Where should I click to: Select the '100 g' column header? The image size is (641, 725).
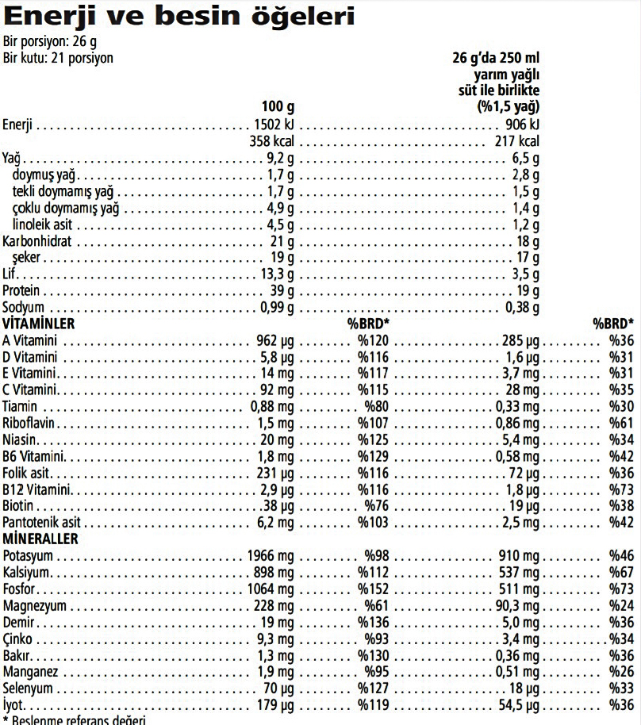(278, 107)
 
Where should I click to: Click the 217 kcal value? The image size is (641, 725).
(516, 141)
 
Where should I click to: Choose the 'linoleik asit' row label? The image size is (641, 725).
(44, 224)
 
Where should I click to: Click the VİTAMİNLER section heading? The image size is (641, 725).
(39, 324)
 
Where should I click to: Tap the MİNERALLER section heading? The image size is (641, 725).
(40, 539)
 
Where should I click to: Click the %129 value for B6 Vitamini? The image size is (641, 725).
(371, 457)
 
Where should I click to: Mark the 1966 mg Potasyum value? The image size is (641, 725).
(271, 556)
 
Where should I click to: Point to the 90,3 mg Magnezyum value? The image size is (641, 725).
(518, 606)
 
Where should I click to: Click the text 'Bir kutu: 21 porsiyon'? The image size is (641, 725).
(58, 58)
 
